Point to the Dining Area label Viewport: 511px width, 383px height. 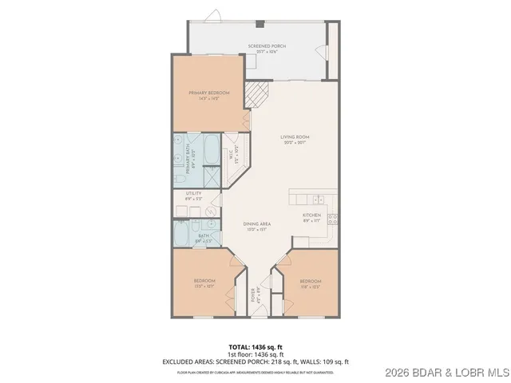point(256,227)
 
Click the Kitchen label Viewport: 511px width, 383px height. point(311,219)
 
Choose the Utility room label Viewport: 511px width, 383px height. point(193,195)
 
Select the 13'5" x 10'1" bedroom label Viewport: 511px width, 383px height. point(204,285)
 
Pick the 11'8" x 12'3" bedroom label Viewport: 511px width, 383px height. point(310,285)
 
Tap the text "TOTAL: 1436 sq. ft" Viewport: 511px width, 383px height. point(255,346)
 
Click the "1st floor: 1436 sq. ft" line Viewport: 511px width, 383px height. point(255,354)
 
